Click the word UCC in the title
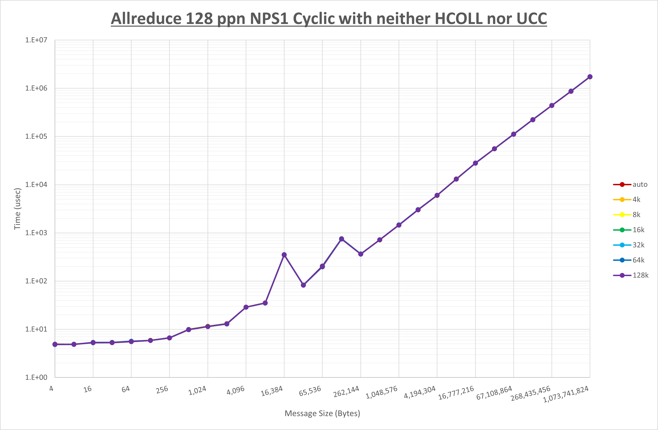(531, 19)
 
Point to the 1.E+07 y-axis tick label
(36, 40)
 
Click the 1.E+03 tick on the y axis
(36, 233)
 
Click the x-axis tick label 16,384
(272, 391)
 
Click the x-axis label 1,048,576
(382, 392)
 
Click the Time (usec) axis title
(17, 209)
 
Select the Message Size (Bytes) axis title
(322, 413)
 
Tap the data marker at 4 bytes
(55, 344)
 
